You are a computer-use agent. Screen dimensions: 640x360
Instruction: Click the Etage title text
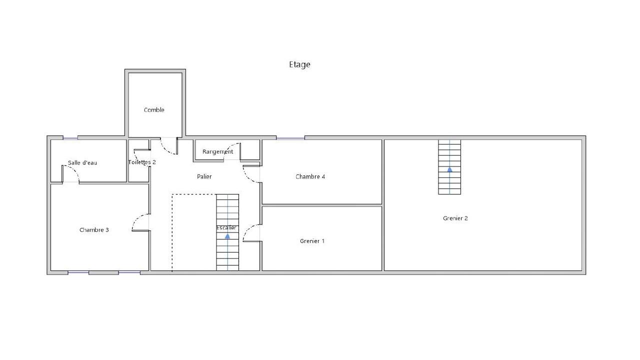[x=299, y=64]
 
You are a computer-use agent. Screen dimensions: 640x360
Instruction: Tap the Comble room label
[x=154, y=110]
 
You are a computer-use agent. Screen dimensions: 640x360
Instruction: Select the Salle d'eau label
[x=82, y=163]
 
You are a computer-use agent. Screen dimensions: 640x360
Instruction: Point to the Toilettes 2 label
[x=142, y=162]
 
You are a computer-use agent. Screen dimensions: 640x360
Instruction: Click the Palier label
[x=204, y=177]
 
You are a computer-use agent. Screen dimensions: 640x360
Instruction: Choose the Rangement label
[x=217, y=151]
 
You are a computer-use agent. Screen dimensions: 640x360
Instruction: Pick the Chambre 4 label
[x=310, y=177]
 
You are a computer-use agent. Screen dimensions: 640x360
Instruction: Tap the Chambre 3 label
[x=94, y=230]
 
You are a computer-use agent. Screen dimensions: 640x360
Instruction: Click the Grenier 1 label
[x=312, y=241]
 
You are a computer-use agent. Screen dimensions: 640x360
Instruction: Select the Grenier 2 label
[x=455, y=218]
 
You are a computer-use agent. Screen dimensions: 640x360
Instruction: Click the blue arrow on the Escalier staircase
[x=227, y=236]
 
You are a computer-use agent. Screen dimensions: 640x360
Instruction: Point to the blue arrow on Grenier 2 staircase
[x=449, y=169]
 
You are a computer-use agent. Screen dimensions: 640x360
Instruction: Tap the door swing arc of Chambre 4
[x=247, y=177]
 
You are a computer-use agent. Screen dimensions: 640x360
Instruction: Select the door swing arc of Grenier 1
[x=247, y=229]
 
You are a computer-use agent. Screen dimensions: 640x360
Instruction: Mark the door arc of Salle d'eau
[x=74, y=170]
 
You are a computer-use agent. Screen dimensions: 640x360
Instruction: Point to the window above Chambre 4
[x=290, y=138]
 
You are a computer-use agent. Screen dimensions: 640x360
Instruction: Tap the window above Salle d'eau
[x=70, y=138]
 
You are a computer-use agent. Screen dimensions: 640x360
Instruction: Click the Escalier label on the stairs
[x=226, y=228]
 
